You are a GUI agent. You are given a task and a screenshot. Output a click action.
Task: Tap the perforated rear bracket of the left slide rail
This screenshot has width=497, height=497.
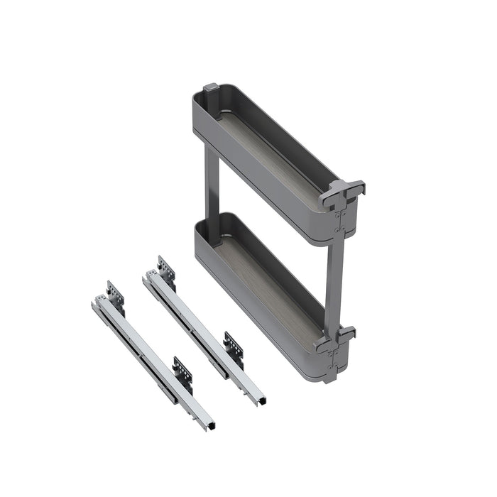tap(115, 294)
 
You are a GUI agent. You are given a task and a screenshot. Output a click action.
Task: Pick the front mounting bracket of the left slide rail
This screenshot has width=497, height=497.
tap(183, 373)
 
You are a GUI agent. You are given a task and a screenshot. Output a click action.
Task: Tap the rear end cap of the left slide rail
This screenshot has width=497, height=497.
tap(95, 302)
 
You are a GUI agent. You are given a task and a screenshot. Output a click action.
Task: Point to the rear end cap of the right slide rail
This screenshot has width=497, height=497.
tap(146, 277)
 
